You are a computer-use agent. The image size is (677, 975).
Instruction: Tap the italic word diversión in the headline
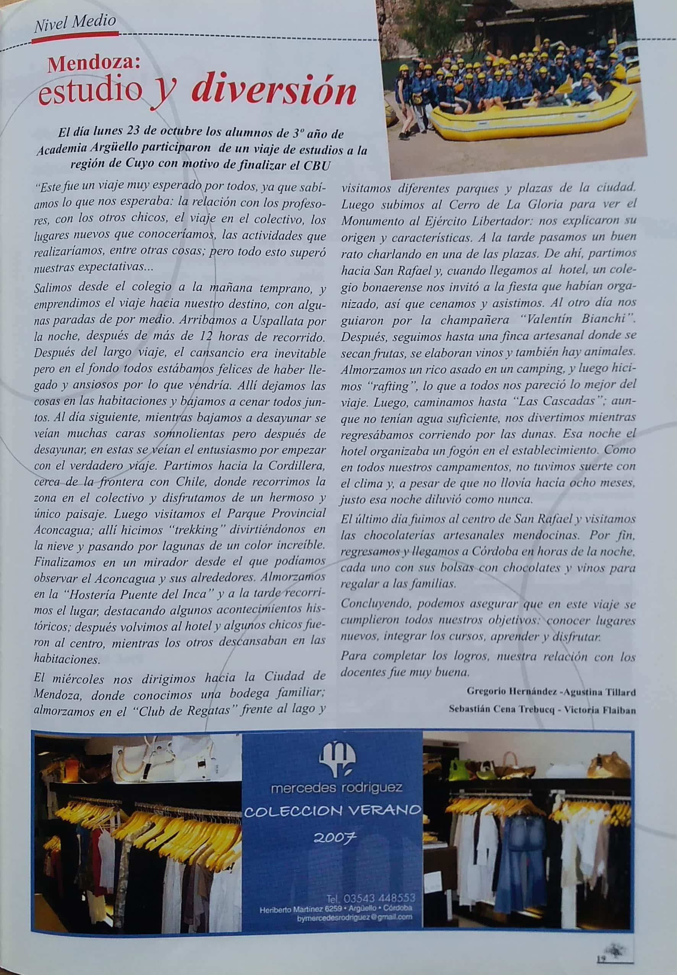273,91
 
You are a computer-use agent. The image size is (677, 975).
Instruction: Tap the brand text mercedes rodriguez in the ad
337,788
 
